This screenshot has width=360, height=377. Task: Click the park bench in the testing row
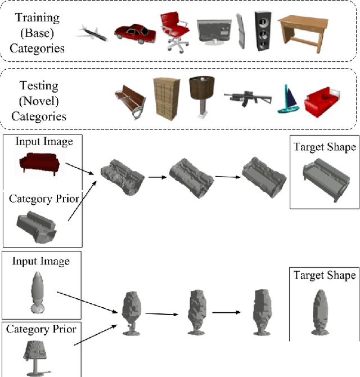tap(130, 99)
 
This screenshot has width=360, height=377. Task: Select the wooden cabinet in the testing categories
tap(166, 97)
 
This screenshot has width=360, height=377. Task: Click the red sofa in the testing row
tap(322, 100)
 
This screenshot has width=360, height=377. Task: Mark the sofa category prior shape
tap(38, 226)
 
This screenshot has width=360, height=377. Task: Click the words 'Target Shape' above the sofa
tap(325, 147)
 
